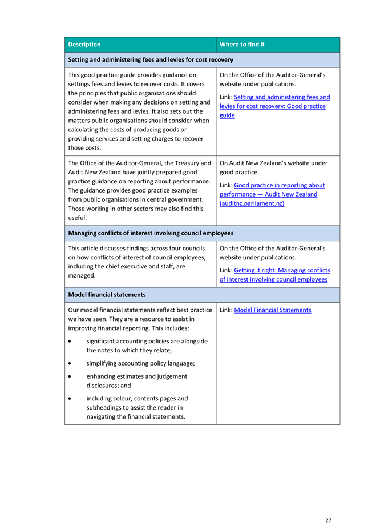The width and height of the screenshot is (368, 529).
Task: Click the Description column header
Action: pos(84,45)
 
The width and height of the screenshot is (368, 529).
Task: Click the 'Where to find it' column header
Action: pos(242,45)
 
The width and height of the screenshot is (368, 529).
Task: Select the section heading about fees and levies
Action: pos(151,59)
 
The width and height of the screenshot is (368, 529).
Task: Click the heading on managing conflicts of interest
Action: pos(151,233)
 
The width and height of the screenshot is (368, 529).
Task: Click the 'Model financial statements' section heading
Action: pos(107,295)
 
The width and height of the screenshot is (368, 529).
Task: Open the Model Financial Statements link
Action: pos(273,310)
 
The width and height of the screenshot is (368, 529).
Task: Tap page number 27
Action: pos(329,520)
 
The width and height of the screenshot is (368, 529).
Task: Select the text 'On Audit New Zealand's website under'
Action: pos(273,163)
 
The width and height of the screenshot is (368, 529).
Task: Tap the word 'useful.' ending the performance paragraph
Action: pos(78,218)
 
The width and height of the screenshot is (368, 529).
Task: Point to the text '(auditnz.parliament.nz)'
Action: pos(252,203)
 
